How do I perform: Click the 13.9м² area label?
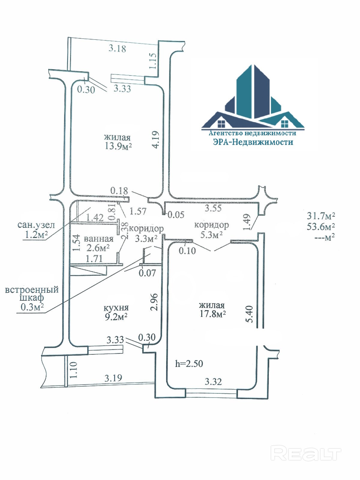[x=118, y=146]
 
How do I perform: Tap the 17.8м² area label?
[x=212, y=314]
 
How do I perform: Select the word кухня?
[x=116, y=308]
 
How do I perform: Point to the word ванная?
[x=99, y=238]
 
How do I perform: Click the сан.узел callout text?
[x=36, y=225]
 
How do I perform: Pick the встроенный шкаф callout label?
[x=32, y=294]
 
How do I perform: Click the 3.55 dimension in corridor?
[x=213, y=208]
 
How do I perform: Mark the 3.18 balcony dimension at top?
[x=117, y=48]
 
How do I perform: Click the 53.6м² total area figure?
[x=321, y=226]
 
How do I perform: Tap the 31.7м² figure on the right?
[x=321, y=216]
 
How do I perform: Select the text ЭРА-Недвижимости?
[x=253, y=142]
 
